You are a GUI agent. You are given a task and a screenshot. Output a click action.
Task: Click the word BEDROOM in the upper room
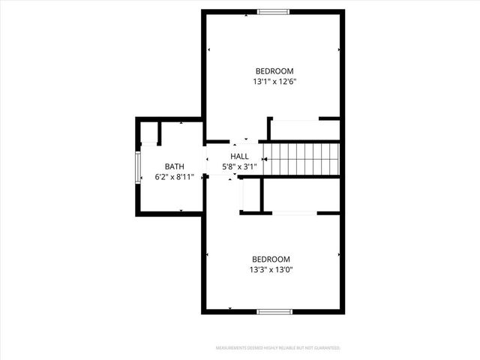(274, 71)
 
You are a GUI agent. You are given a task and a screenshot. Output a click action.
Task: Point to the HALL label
(239, 156)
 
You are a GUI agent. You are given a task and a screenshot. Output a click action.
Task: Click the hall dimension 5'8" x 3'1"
(239, 166)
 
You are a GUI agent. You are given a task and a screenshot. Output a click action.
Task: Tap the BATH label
(174, 166)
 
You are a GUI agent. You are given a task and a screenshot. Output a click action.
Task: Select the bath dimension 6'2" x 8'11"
(174, 178)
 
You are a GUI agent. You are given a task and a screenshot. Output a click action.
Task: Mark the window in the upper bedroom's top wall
(273, 11)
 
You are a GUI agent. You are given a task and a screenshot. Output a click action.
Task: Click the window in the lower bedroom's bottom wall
(273, 311)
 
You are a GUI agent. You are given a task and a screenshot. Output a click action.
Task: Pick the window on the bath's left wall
(137, 167)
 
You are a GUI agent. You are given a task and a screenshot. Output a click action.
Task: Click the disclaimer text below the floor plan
(277, 348)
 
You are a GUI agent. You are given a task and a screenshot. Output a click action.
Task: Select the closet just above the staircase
(304, 129)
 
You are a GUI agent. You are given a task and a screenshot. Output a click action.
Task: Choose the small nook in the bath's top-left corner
(149, 133)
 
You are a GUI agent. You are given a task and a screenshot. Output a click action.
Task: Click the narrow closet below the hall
(250, 196)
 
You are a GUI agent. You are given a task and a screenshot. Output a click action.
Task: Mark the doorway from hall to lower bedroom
(232, 177)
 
